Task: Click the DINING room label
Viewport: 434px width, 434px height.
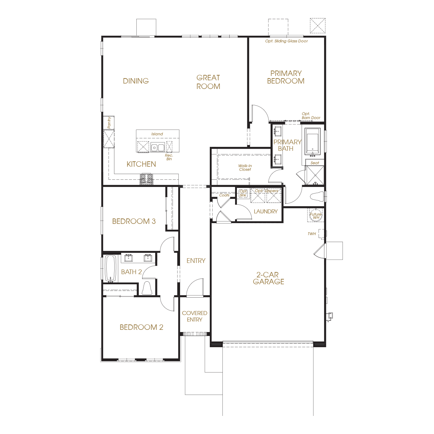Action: [136, 81]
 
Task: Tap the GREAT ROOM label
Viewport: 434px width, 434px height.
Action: [208, 82]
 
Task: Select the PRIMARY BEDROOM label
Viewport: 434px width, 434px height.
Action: [286, 77]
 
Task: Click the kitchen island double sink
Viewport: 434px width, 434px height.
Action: [157, 148]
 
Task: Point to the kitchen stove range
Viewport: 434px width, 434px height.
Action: [146, 179]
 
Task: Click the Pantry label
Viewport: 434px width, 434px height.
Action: [109, 122]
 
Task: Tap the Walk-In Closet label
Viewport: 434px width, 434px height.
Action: [245, 167]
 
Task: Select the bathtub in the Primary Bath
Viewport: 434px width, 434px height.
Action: [312, 141]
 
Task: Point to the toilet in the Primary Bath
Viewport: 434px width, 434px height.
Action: [317, 196]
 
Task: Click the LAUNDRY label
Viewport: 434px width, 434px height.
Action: [265, 211]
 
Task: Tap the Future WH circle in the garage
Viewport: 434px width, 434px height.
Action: [315, 215]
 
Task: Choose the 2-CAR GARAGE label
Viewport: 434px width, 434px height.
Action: [268, 278]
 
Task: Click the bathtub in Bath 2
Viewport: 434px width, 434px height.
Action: [111, 268]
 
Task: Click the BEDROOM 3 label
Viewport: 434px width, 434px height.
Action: [134, 221]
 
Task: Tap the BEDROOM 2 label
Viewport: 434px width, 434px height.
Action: [141, 327]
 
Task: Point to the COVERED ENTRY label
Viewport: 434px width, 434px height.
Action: [195, 316]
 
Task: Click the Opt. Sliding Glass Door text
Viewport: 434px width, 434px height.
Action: [286, 41]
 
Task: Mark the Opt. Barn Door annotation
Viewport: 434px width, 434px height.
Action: [311, 115]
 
